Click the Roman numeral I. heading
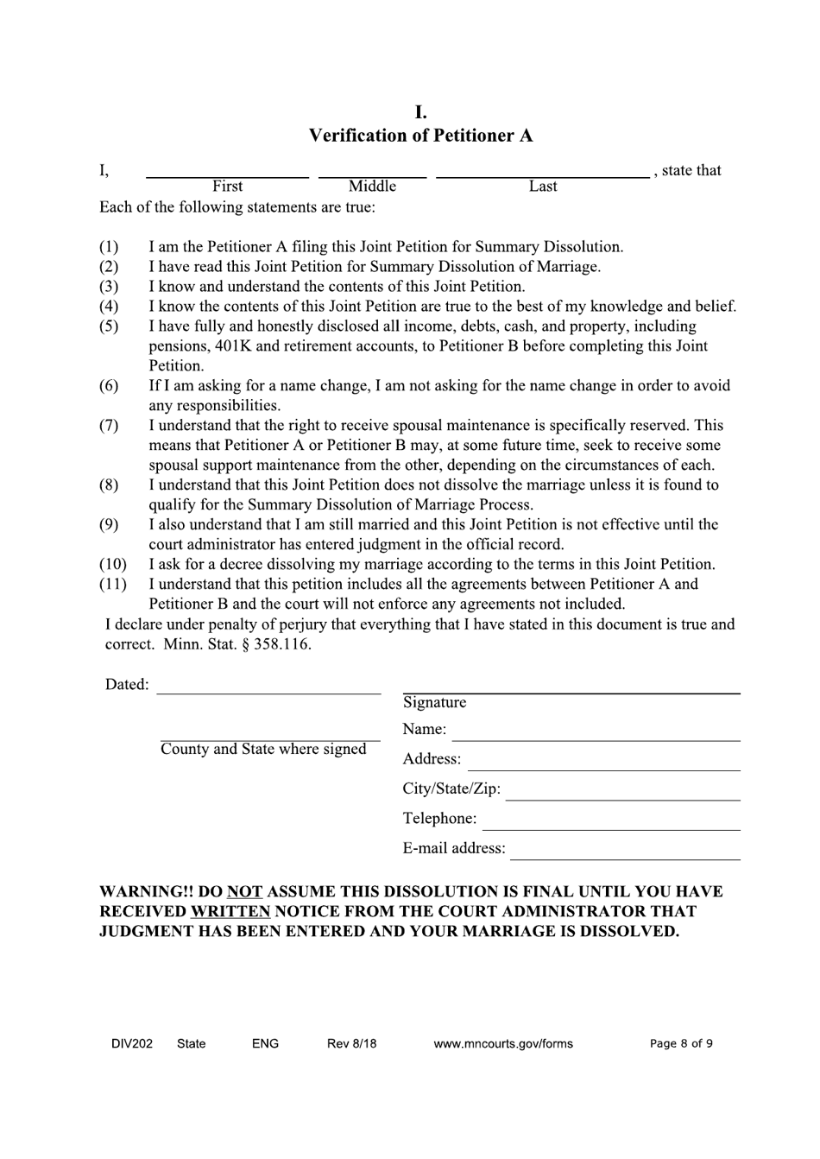click(x=420, y=112)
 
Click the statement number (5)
click(x=109, y=326)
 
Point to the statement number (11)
click(x=112, y=585)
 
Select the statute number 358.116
click(x=282, y=644)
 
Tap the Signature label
click(x=434, y=703)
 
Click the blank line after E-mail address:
click(x=625, y=857)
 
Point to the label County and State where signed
click(x=263, y=750)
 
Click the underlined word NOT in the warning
click(x=244, y=891)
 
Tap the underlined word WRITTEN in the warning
click(x=230, y=911)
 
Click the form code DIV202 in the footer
click(x=132, y=1043)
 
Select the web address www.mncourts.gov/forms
click(x=503, y=1043)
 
